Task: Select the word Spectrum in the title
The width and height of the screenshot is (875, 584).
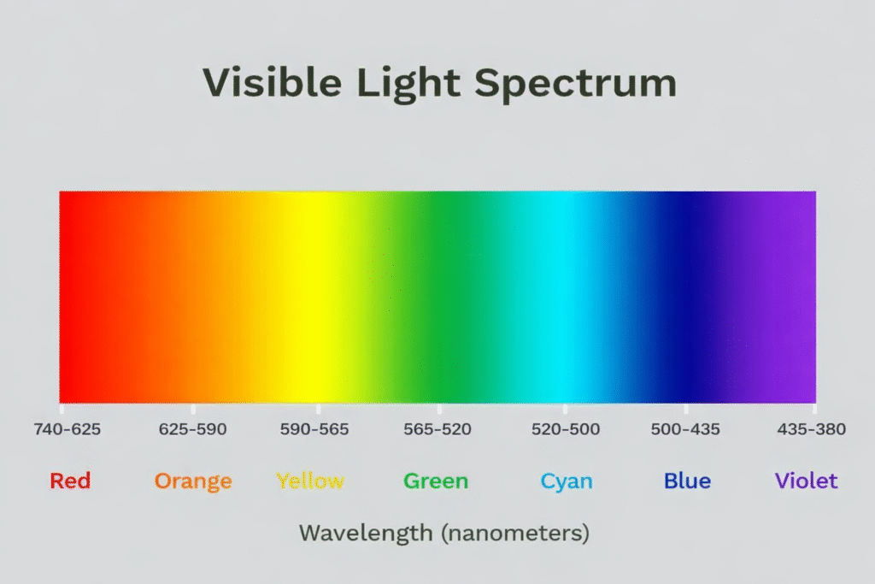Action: point(576,84)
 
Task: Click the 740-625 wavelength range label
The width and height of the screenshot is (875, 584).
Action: point(68,429)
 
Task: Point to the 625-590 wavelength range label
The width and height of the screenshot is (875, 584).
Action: point(193,429)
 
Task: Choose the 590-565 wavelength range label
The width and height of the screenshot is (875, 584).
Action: point(314,429)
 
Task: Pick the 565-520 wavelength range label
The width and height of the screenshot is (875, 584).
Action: point(437,429)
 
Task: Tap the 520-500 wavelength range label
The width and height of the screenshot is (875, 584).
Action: point(566,429)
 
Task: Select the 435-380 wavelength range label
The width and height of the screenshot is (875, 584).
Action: point(812,429)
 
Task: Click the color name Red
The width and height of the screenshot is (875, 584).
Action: point(70,481)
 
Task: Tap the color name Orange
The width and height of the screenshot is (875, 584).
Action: point(193,481)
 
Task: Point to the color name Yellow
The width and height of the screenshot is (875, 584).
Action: point(310,481)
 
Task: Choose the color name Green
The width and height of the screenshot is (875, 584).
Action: point(436,481)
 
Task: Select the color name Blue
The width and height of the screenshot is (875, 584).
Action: point(687,481)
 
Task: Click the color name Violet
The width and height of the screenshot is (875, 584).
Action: point(807,481)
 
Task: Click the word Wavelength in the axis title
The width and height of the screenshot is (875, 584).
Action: point(366,534)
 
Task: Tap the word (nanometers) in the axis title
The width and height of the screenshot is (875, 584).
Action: point(515,534)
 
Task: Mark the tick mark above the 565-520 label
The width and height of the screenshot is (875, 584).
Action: point(439,409)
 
